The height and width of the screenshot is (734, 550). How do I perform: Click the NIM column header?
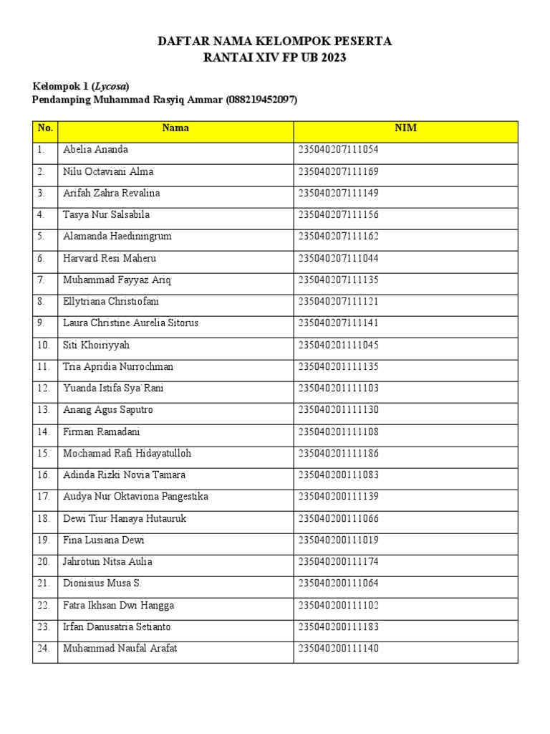405,128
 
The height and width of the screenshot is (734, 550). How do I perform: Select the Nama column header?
175,128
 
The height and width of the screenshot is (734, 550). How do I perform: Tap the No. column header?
45,128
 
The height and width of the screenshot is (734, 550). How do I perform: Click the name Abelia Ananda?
95,150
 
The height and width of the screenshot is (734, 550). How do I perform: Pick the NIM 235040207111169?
338,171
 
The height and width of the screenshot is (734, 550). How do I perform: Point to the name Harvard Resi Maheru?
109,258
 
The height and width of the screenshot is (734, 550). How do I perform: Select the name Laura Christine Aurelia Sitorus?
130,323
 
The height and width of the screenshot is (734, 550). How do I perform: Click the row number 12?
44,389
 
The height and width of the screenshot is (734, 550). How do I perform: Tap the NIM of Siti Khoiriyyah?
338,345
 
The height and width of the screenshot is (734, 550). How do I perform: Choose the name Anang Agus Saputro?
107,410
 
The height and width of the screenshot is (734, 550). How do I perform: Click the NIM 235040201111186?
338,453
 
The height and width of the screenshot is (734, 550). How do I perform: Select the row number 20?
44,562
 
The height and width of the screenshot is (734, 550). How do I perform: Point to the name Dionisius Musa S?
102,583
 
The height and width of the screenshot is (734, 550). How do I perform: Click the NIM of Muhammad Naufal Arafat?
338,649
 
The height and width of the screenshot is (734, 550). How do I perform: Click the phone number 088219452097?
261,100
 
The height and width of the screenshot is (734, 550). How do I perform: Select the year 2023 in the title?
332,58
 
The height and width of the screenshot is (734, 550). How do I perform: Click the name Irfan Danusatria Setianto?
117,627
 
